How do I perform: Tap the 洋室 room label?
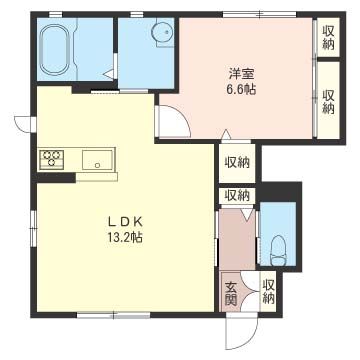click(239, 72)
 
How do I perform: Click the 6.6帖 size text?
click(241, 89)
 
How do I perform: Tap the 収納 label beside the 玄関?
click(268, 292)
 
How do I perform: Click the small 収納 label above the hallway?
click(237, 195)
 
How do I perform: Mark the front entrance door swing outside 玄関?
click(240, 330)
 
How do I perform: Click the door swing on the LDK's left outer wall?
click(22, 125)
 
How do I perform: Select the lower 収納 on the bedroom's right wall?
click(328, 102)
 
